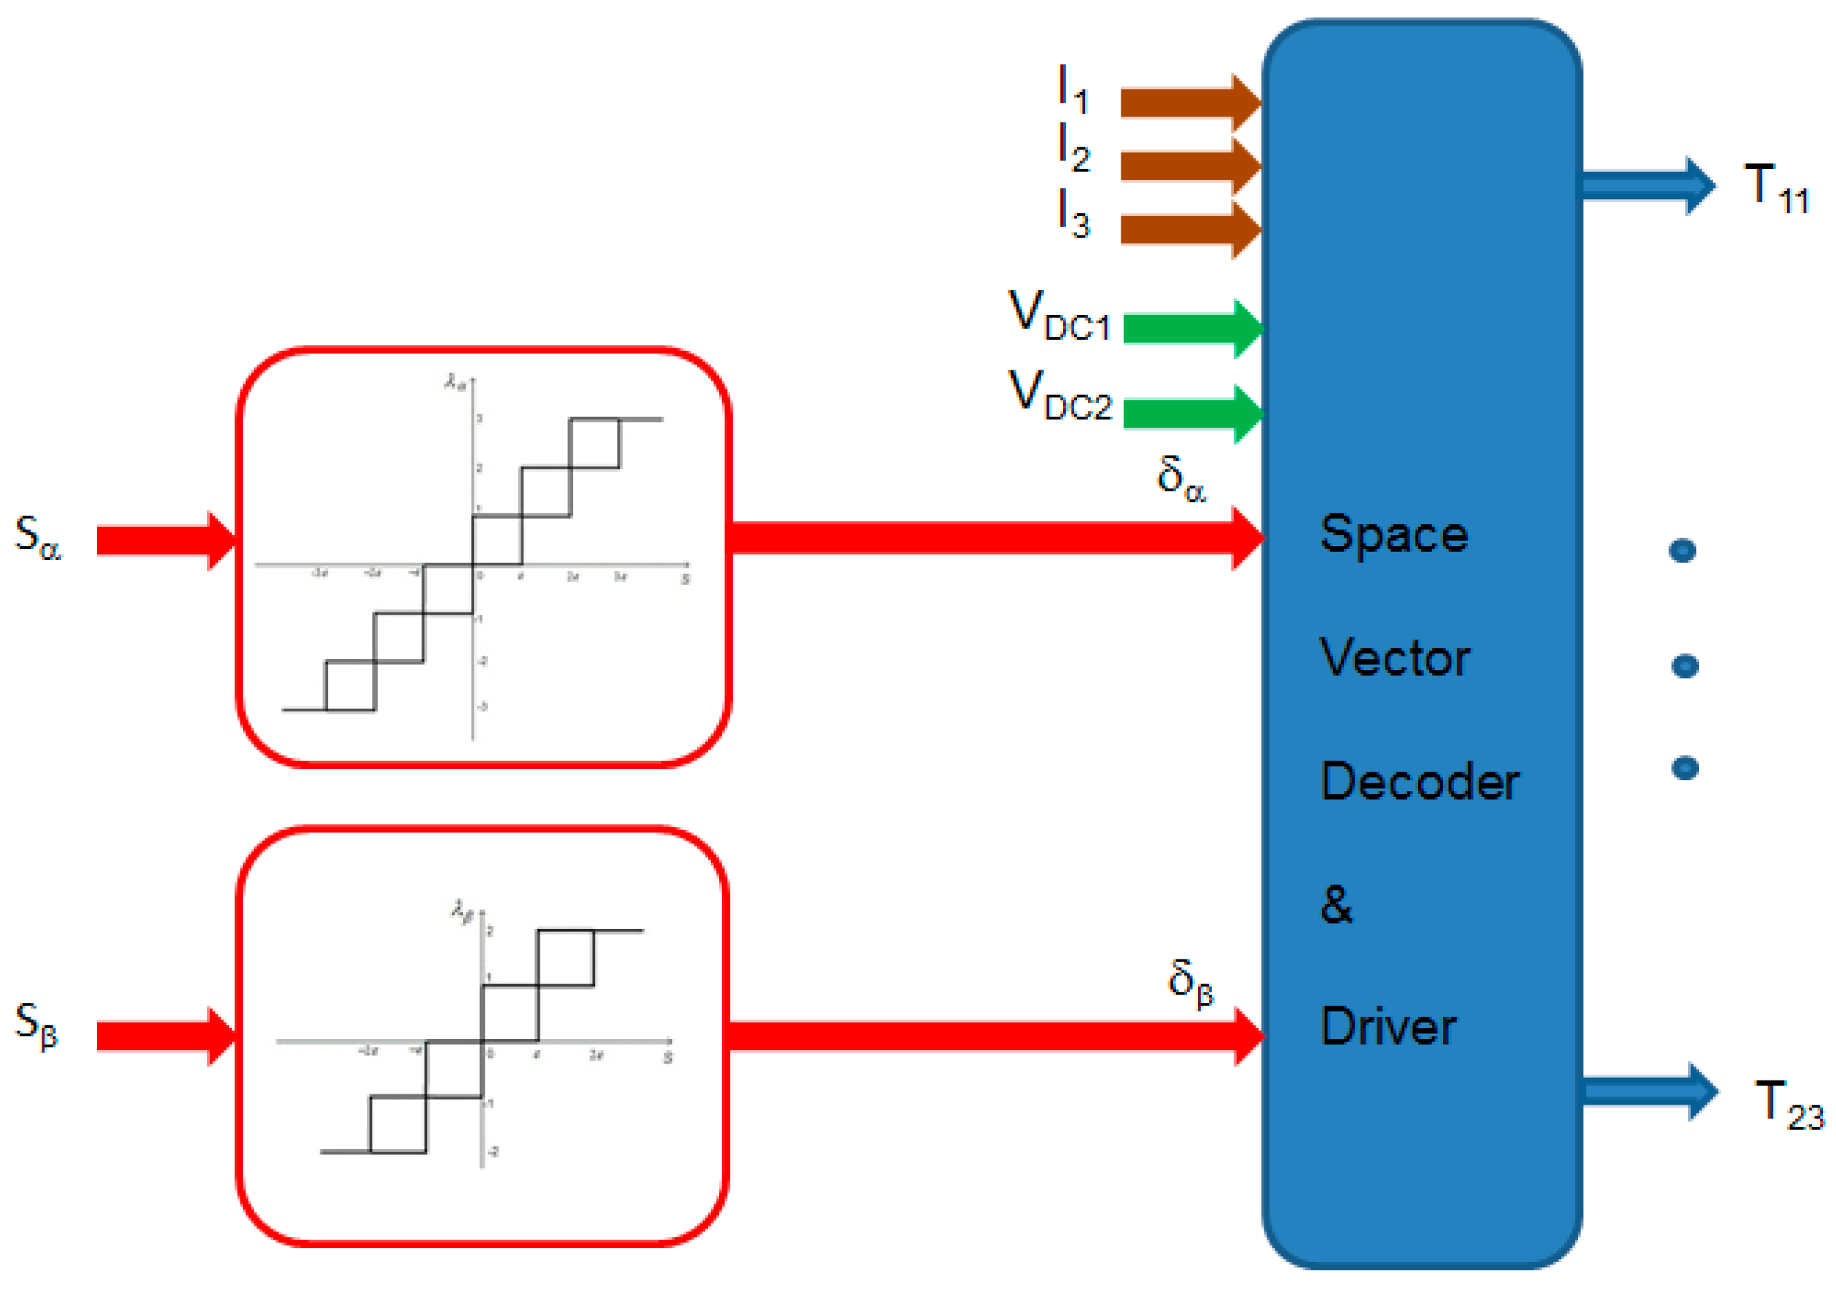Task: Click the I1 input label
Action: coord(1073,89)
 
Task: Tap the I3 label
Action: coord(1073,214)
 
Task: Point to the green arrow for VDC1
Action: coord(1191,329)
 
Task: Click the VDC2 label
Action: coord(1059,395)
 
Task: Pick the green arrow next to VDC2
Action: coord(1191,413)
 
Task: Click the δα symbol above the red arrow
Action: coord(1180,478)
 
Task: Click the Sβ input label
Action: coord(36,1024)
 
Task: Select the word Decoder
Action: coord(1420,782)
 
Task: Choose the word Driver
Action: coord(1388,1027)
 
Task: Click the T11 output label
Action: coord(1776,188)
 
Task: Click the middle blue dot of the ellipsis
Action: coord(1685,666)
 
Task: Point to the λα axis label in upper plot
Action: coord(454,382)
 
